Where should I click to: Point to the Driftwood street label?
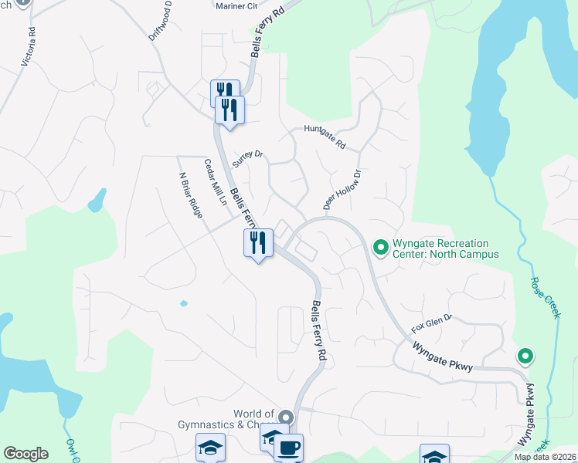pos(159,26)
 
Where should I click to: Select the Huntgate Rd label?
pos(324,137)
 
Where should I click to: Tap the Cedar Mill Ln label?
pos(214,182)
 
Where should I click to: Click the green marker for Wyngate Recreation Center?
pos(380,247)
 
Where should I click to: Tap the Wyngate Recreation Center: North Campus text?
pos(445,248)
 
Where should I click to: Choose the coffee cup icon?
pos(288,448)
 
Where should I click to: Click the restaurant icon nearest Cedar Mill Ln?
pos(257,243)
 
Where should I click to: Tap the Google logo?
pos(25,454)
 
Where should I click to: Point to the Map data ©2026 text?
pos(545,457)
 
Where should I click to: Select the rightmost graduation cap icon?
pos(434,454)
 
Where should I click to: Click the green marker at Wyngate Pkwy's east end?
pos(525,357)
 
